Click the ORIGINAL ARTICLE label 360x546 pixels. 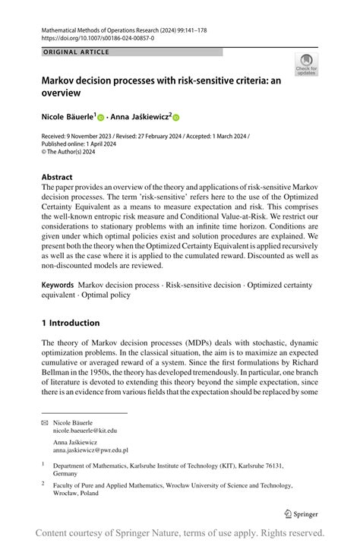tap(76, 52)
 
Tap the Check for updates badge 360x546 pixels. tap(308, 65)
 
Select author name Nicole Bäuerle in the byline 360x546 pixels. tap(67, 117)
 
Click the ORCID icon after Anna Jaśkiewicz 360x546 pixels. tap(176, 118)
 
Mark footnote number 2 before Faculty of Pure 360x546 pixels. tap(44, 481)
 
